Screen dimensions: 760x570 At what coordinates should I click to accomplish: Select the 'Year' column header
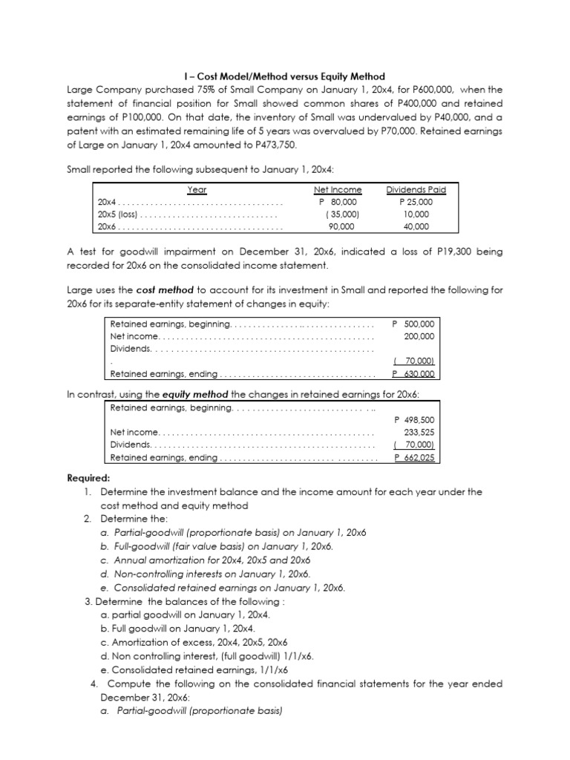click(x=197, y=190)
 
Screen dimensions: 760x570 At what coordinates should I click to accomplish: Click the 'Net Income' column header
click(x=338, y=190)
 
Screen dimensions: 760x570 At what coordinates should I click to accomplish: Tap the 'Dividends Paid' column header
click(x=416, y=190)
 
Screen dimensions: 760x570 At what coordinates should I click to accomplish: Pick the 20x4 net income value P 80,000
click(x=338, y=202)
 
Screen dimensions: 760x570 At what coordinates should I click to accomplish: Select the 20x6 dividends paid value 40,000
click(x=416, y=226)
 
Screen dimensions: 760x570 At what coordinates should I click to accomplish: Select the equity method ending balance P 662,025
click(x=413, y=458)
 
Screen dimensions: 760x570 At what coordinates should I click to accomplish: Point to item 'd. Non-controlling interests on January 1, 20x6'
click(x=204, y=574)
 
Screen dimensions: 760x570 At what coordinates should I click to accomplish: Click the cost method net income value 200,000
click(x=419, y=336)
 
